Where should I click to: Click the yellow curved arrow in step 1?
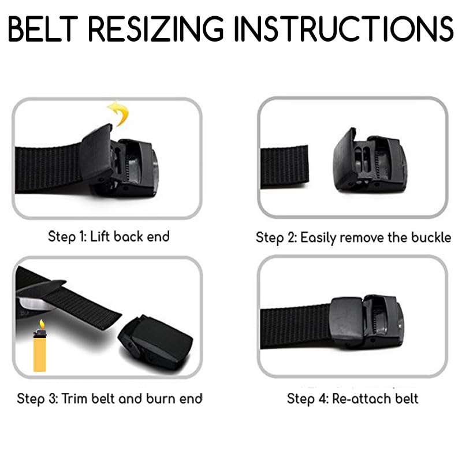[x=118, y=113]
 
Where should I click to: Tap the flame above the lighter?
[x=40, y=325]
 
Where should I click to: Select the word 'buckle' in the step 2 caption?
[x=431, y=237]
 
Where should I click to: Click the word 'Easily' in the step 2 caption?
[x=319, y=237]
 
